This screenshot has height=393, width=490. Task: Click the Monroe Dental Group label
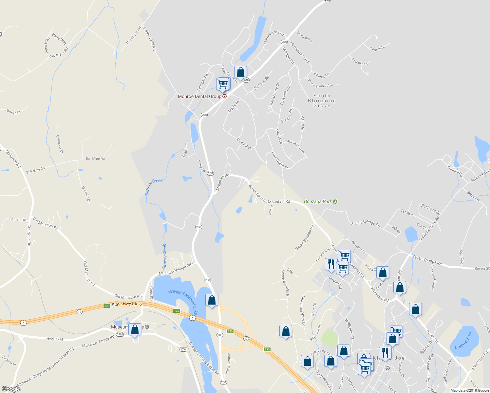[199, 96]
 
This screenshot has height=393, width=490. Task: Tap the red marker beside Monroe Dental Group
[225, 96]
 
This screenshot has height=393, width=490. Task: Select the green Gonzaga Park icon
[335, 201]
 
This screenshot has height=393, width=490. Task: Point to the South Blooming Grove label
[322, 101]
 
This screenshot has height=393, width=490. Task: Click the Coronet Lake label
[463, 340]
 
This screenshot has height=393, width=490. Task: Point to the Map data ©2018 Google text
[469, 390]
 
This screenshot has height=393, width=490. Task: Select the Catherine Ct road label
[59, 144]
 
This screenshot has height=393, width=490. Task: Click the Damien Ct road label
[13, 112]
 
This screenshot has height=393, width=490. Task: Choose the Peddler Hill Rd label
[150, 38]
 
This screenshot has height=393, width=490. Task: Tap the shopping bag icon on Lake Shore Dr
[240, 72]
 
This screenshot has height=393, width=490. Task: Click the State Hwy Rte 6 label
[127, 304]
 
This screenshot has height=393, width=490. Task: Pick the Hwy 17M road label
[54, 339]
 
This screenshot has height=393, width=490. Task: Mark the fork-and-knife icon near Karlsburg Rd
[331, 264]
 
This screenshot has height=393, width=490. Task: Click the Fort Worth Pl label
[280, 160]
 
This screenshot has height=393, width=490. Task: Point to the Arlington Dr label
[376, 48]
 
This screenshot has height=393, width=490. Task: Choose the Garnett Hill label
[18, 220]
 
